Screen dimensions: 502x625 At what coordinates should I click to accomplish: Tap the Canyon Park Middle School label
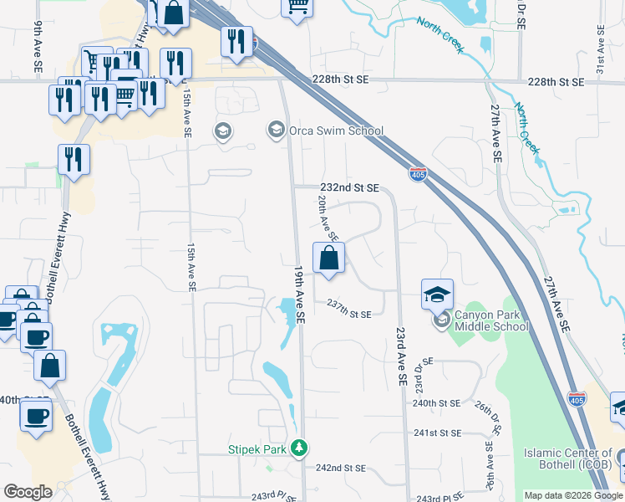[490, 321]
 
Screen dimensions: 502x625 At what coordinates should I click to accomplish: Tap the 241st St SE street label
[437, 433]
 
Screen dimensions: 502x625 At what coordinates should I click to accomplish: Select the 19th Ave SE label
[298, 295]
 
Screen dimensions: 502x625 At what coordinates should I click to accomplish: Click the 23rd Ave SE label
[400, 355]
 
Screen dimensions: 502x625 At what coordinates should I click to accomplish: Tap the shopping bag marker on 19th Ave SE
[329, 259]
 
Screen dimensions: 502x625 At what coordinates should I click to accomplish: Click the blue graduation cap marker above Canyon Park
[438, 295]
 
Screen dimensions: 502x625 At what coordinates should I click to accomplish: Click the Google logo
[28, 492]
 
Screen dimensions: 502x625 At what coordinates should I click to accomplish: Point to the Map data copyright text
[573, 495]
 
